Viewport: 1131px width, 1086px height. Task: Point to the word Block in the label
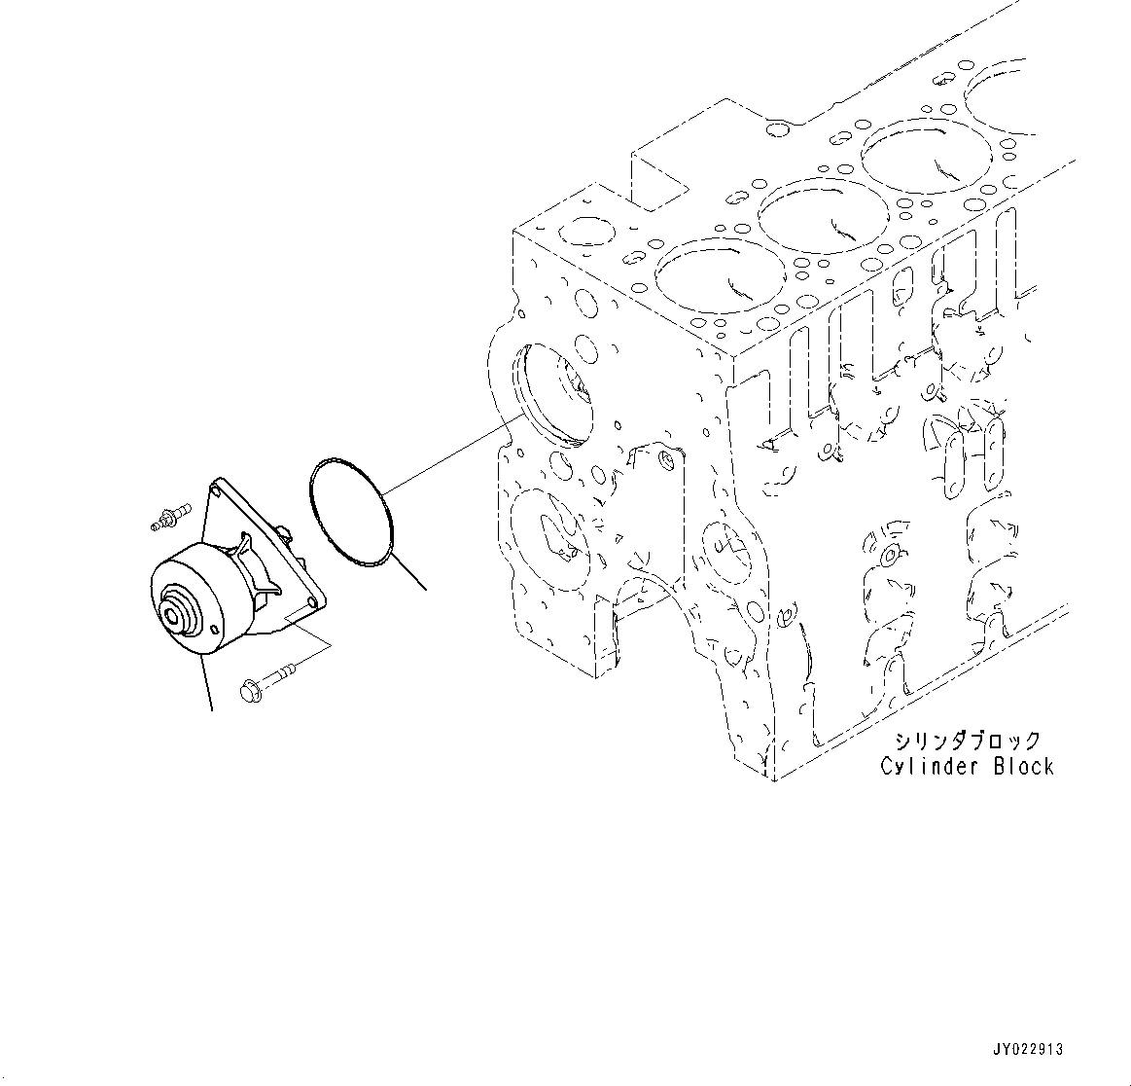tap(1022, 767)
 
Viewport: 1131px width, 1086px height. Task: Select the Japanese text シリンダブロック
tap(968, 742)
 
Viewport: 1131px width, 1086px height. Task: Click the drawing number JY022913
tap(1028, 1050)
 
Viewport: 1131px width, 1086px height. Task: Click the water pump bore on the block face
tap(553, 393)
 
